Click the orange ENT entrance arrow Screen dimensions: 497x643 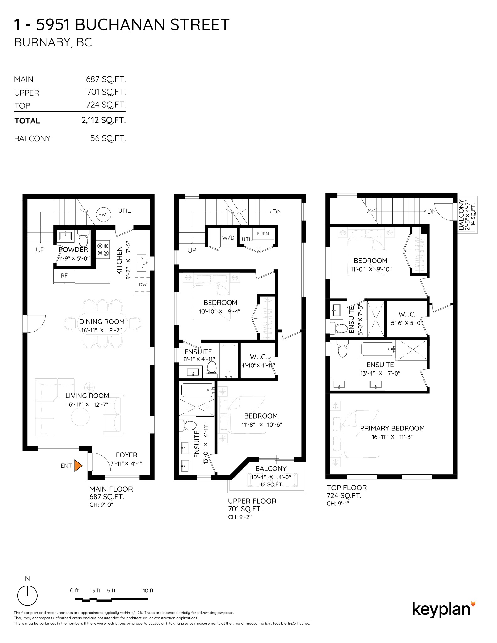[x=78, y=466]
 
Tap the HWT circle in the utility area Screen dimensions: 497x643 [x=103, y=214]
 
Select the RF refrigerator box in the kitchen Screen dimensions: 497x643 [x=64, y=276]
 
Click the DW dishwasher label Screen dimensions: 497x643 [x=143, y=284]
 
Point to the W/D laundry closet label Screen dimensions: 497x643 [x=228, y=238]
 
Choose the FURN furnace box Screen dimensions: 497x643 [x=263, y=234]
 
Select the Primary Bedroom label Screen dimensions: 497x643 [x=392, y=428]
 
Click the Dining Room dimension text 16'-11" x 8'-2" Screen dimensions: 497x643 [x=101, y=330]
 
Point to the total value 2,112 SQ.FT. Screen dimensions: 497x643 [x=104, y=120]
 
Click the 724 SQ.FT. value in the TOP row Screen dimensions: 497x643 [x=106, y=105]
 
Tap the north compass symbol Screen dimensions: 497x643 [x=27, y=595]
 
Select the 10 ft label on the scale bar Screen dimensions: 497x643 [x=148, y=591]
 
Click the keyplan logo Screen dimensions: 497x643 [x=443, y=609]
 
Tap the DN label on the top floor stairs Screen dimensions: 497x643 [x=432, y=212]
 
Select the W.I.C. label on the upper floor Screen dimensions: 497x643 [x=258, y=357]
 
